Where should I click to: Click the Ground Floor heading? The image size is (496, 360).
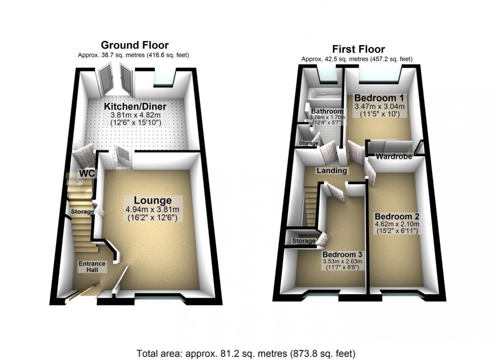click(x=135, y=45)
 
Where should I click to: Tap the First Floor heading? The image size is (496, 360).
click(x=358, y=49)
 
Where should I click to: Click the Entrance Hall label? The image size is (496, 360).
click(x=92, y=266)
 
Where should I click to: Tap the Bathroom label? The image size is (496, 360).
click(x=327, y=111)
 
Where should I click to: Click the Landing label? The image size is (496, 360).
click(x=332, y=170)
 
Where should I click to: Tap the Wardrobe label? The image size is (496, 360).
click(x=393, y=157)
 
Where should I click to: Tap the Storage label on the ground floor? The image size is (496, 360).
click(x=82, y=211)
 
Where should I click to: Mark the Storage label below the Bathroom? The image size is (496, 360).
click(x=309, y=143)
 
